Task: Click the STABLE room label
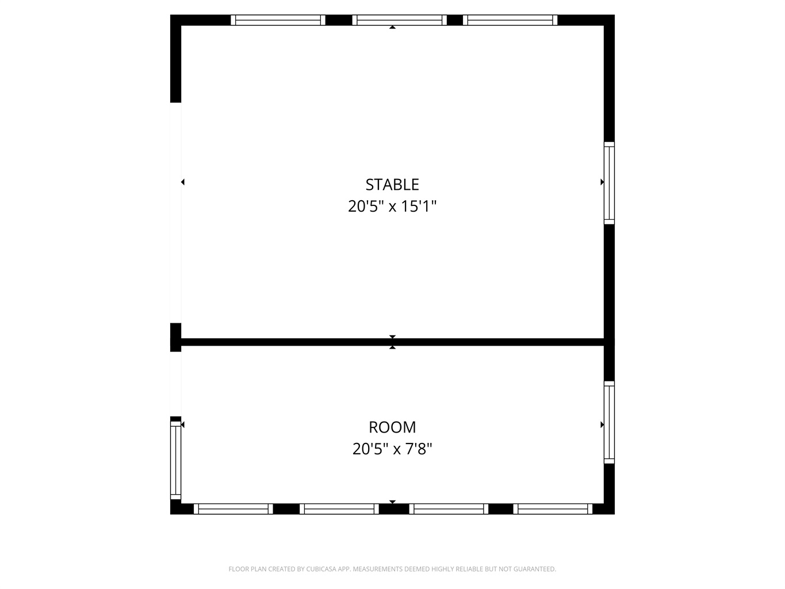(x=392, y=185)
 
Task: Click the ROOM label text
(x=392, y=427)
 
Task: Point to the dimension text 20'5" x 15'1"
(x=392, y=206)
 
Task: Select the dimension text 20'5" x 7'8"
(x=392, y=449)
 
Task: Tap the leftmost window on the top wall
(x=278, y=20)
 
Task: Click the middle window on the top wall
(x=400, y=20)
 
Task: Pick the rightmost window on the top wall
(x=510, y=20)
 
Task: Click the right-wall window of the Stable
(x=609, y=183)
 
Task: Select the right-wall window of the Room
(x=609, y=422)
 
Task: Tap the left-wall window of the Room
(x=175, y=460)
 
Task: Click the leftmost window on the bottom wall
(x=233, y=509)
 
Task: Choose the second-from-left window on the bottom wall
(x=339, y=509)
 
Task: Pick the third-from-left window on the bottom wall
(x=449, y=509)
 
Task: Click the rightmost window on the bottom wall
(x=553, y=509)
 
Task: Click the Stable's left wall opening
(x=175, y=213)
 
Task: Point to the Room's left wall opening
(x=175, y=384)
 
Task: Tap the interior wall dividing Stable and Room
(x=392, y=342)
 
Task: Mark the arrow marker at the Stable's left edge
(x=183, y=182)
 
